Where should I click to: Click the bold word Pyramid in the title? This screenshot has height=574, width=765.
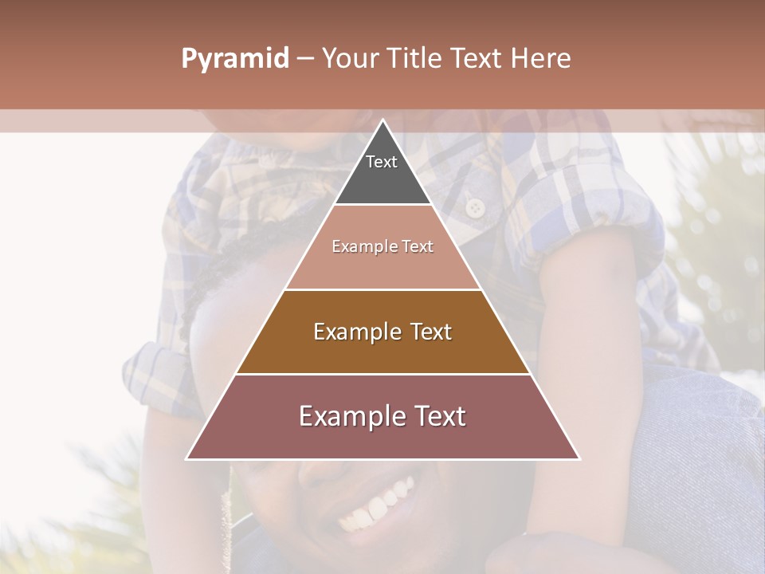point(234,59)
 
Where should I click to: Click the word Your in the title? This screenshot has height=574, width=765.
point(351,59)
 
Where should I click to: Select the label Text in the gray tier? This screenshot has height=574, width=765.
point(382,162)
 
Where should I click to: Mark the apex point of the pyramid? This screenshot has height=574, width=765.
point(382,121)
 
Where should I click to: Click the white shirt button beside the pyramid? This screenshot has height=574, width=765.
point(475,208)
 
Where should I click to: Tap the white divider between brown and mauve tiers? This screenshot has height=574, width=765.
point(382,374)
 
